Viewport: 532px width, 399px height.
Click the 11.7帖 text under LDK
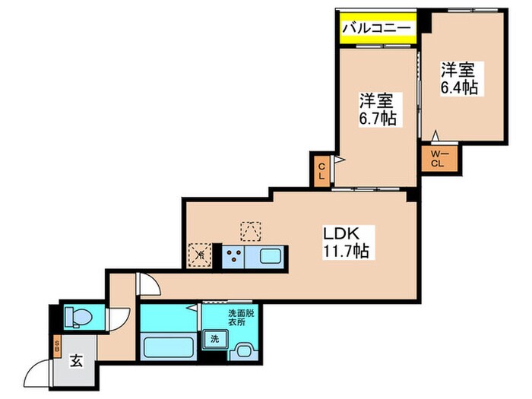pos(341,251)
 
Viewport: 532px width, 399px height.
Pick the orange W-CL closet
pos(438,160)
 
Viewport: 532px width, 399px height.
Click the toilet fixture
pos(78,315)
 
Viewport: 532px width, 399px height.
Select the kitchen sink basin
pos(271,255)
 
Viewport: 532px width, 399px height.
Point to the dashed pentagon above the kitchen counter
pos(250,230)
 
